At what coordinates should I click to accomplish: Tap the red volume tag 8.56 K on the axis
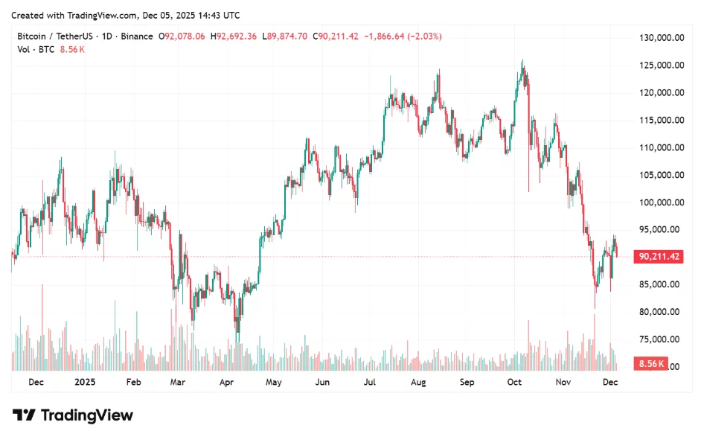[x=650, y=365]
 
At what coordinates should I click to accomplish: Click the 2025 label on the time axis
[x=85, y=382]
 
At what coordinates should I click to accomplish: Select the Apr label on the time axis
[x=226, y=382]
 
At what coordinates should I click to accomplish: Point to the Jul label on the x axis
[x=369, y=382]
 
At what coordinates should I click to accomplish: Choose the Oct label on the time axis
[x=514, y=382]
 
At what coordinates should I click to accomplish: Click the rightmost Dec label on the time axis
[x=609, y=382]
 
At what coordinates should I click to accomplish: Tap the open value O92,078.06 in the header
[x=183, y=36]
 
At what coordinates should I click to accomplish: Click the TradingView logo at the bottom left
[x=73, y=415]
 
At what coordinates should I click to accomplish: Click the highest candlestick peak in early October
[x=522, y=62]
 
